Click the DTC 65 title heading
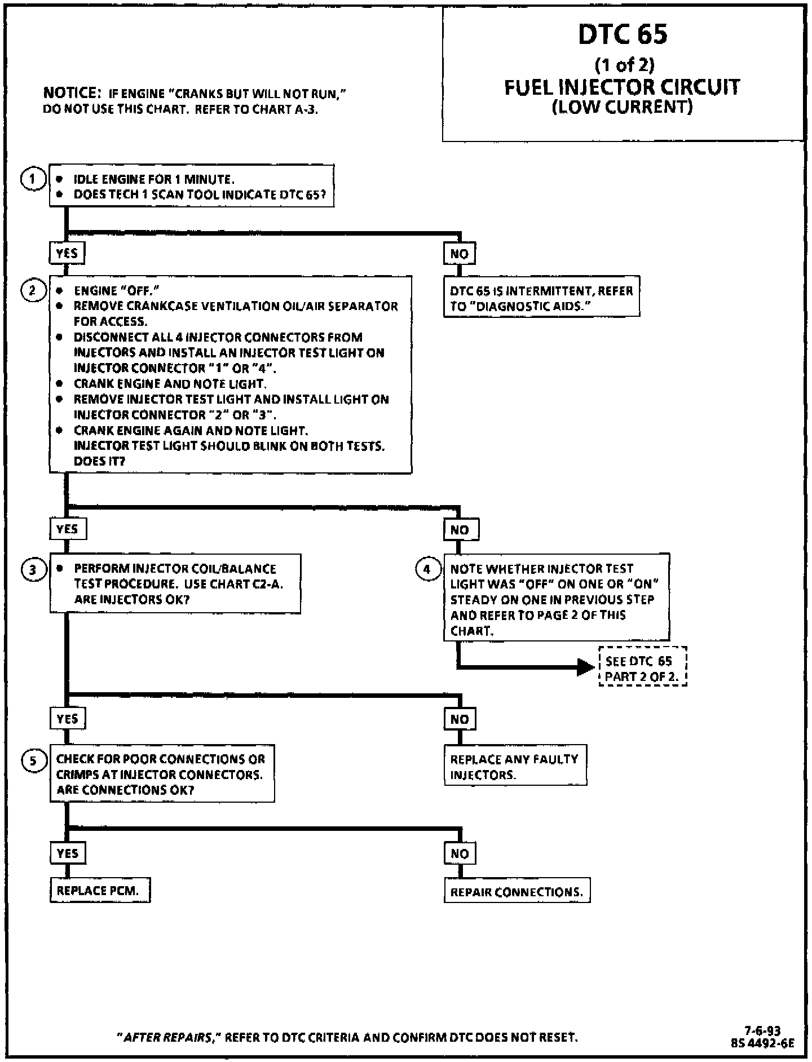(x=623, y=34)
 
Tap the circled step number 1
(x=33, y=179)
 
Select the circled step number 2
(x=33, y=291)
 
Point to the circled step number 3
(x=33, y=570)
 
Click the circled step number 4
(x=427, y=569)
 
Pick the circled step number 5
(x=33, y=760)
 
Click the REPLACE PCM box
(x=100, y=891)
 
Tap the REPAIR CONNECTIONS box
(x=517, y=892)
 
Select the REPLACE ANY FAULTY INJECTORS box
(x=515, y=767)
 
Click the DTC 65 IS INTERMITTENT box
(x=541, y=299)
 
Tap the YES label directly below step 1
(x=67, y=254)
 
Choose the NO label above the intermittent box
(x=460, y=254)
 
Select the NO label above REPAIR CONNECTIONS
(x=460, y=853)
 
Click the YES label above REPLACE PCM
(x=67, y=853)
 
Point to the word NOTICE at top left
(x=72, y=93)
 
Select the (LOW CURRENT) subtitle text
(x=621, y=107)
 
